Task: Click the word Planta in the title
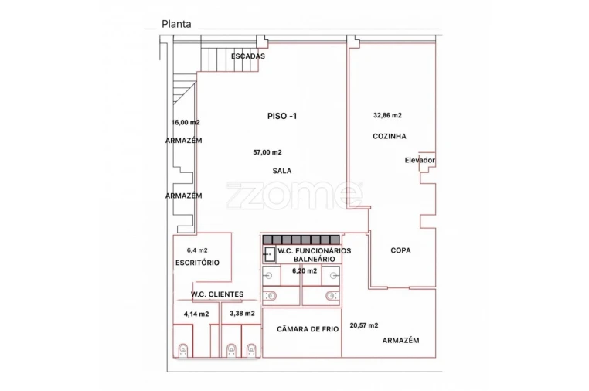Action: tap(176, 24)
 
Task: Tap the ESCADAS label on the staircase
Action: tap(248, 56)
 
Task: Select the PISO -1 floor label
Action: tap(282, 116)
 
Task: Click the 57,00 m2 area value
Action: tap(267, 152)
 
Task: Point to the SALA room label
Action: tap(282, 171)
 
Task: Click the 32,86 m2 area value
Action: tap(388, 115)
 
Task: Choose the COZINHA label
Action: tap(390, 136)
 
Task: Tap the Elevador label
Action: tap(420, 160)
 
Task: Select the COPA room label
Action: tap(401, 250)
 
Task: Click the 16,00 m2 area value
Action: tap(186, 122)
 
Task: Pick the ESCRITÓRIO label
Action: tap(198, 263)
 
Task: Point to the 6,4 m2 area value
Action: tap(197, 250)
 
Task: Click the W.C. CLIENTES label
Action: tap(217, 294)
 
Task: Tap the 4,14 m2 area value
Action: tap(196, 314)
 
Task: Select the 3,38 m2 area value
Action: tap(242, 313)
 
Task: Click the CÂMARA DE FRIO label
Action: tap(308, 329)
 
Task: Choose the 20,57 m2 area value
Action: tap(364, 325)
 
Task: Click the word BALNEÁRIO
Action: tap(315, 259)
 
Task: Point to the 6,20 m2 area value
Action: tap(305, 270)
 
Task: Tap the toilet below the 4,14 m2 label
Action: tap(183, 350)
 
